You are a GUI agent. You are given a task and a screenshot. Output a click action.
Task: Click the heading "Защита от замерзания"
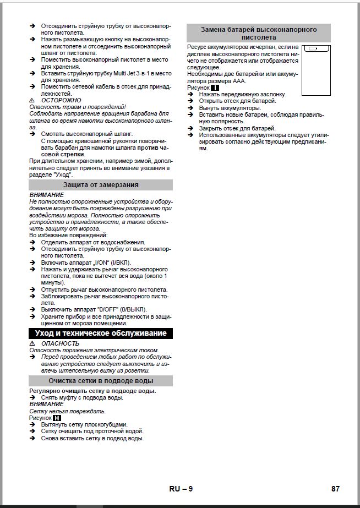100,185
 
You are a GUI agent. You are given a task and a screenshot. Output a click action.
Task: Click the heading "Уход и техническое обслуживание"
100,334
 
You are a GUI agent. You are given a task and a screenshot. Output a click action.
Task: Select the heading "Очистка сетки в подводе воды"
100,381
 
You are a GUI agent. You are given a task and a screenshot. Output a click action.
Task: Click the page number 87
336,489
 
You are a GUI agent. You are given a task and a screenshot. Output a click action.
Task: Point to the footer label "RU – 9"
181,489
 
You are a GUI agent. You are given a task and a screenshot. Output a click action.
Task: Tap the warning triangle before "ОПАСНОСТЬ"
32,343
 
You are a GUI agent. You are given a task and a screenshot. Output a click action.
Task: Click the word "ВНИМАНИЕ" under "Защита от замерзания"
46,195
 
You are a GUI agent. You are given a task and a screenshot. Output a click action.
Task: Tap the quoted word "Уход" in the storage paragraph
63,174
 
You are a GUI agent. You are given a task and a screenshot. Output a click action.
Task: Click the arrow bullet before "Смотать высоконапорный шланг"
33,134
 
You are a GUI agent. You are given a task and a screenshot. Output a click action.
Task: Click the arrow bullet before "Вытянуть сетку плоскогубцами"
33,425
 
